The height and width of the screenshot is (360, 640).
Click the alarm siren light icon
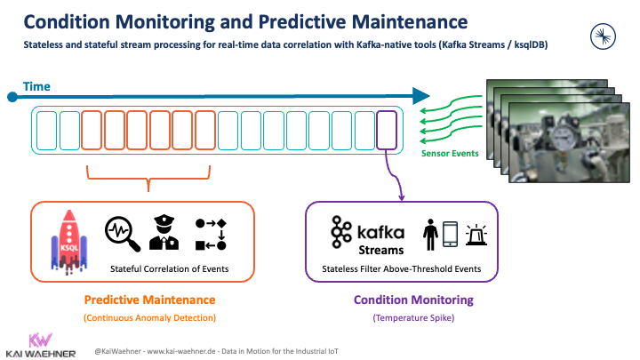point(476,235)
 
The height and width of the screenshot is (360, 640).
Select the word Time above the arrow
point(36,86)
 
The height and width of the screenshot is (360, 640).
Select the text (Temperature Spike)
point(402,317)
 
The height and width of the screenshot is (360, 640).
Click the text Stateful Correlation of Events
point(169,268)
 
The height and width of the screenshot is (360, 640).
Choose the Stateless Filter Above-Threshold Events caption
point(402,268)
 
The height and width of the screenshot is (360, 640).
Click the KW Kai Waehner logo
point(39,345)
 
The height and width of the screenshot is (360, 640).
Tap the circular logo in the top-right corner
point(604,36)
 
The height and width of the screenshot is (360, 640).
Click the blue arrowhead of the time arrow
point(421,95)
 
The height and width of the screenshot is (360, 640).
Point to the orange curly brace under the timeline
point(148,182)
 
